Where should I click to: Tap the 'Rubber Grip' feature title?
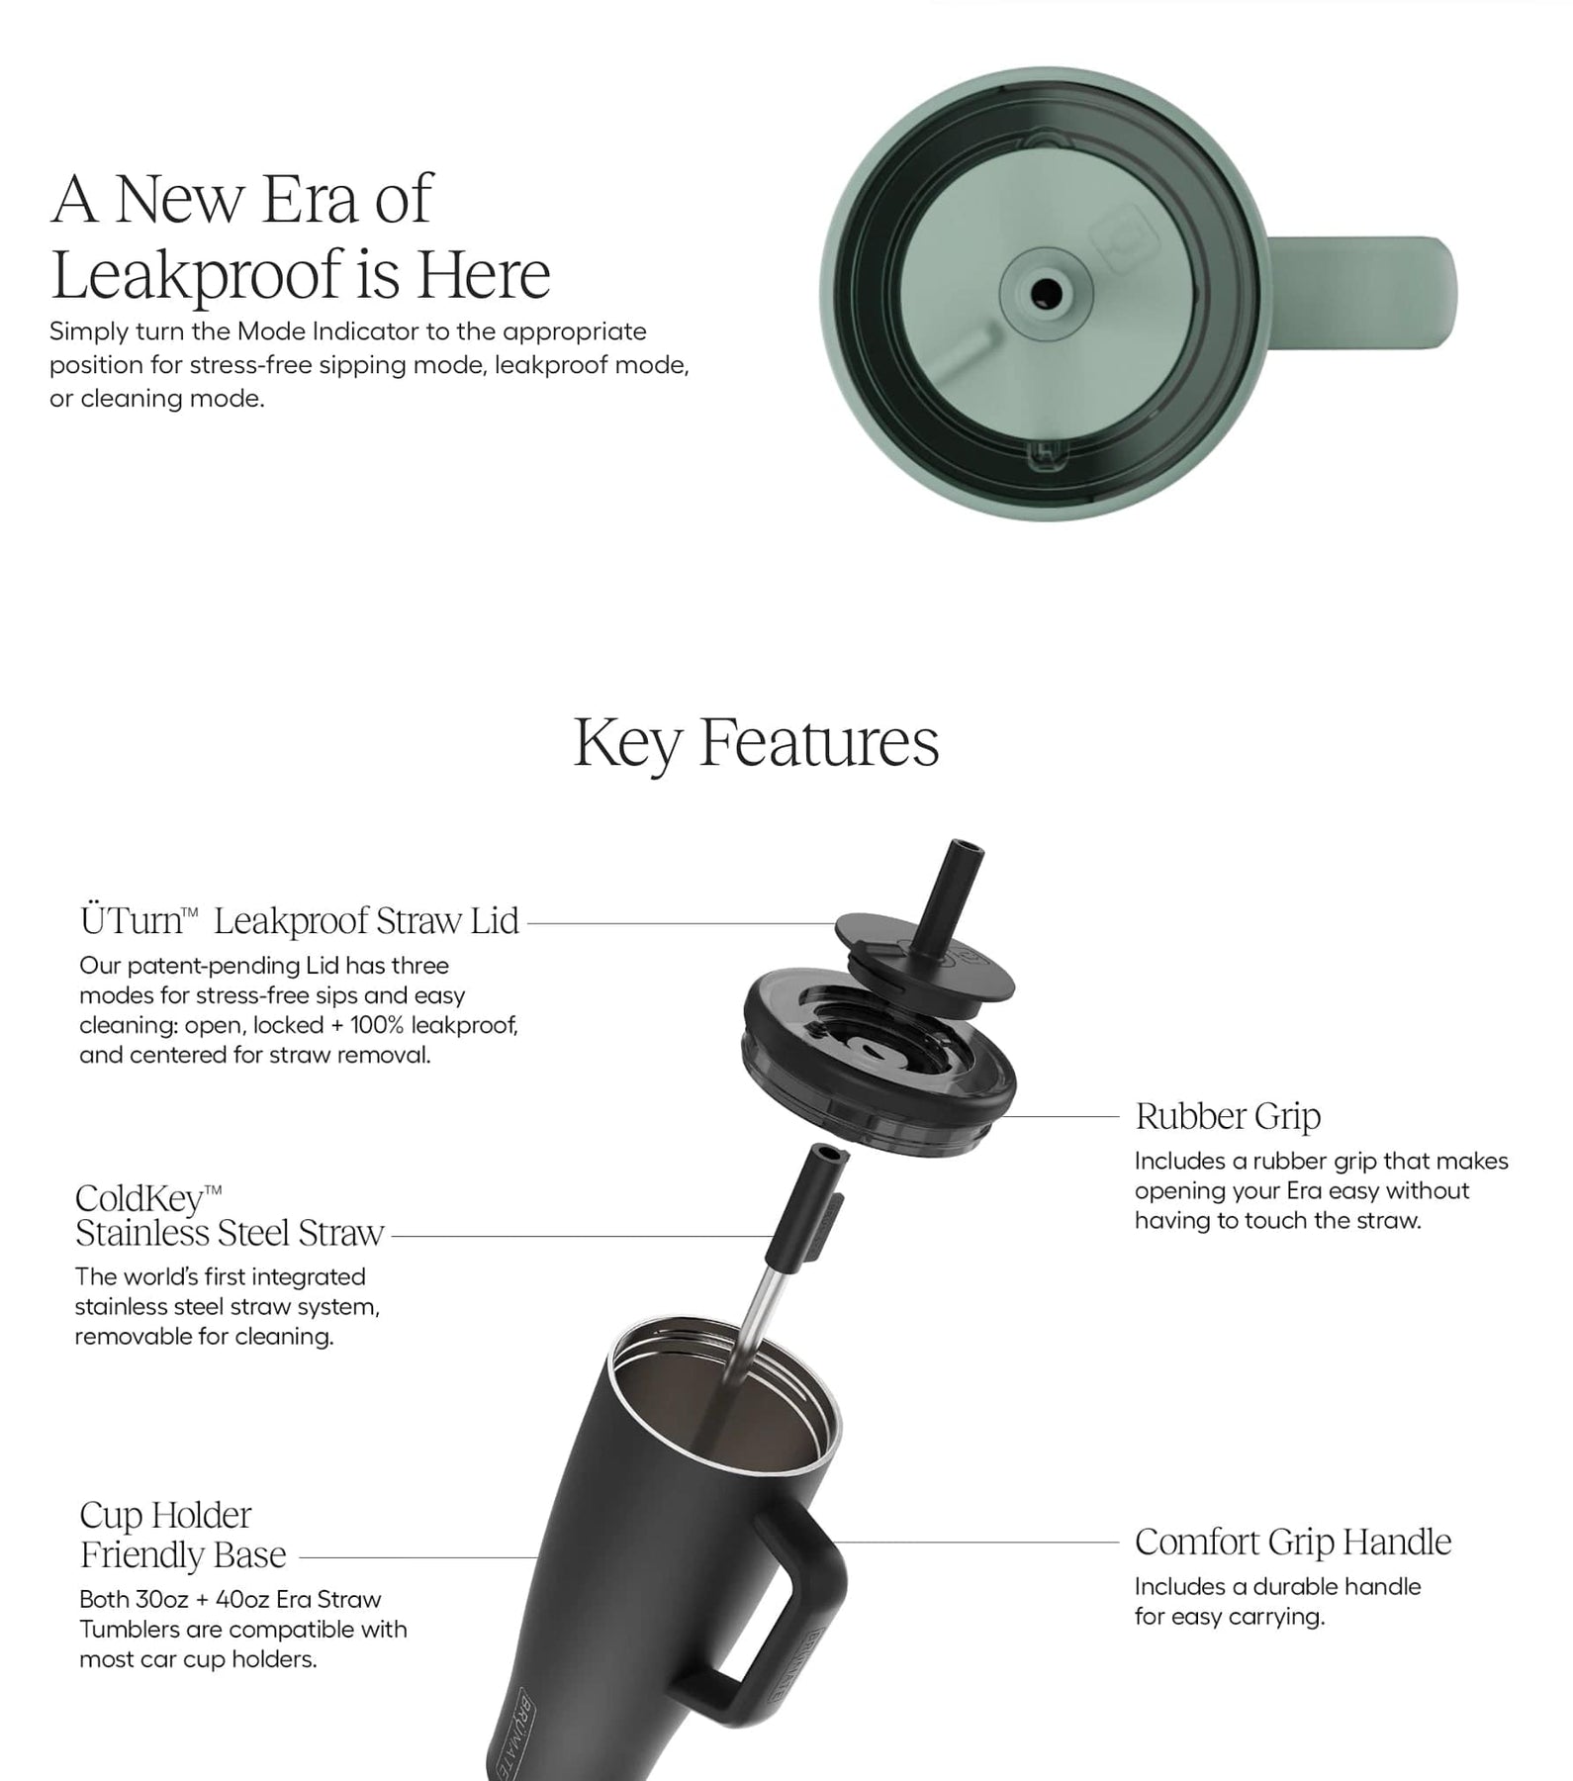pyautogui.click(x=1228, y=1116)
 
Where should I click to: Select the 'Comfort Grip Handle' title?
pyautogui.click(x=1293, y=1542)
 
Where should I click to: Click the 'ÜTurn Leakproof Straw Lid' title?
pyautogui.click(x=300, y=921)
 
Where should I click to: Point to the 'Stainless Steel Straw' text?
pyautogui.click(x=230, y=1234)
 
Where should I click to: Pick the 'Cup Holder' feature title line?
pyautogui.click(x=165, y=1515)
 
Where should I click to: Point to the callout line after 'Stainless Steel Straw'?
pyautogui.click(x=582, y=1236)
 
